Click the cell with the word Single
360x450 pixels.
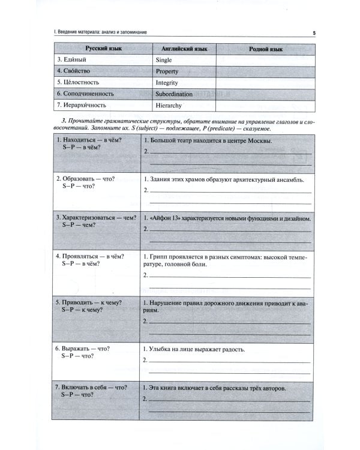pos(163,60)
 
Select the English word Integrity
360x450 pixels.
pos(166,83)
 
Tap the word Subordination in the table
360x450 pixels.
pos(173,94)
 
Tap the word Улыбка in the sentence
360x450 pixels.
pos(163,348)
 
